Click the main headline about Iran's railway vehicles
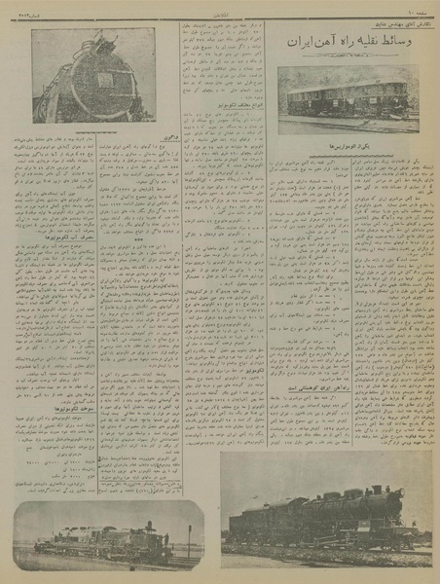pos(350,44)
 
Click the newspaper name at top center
pos(222,8)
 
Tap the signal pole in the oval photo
pos(189,540)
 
